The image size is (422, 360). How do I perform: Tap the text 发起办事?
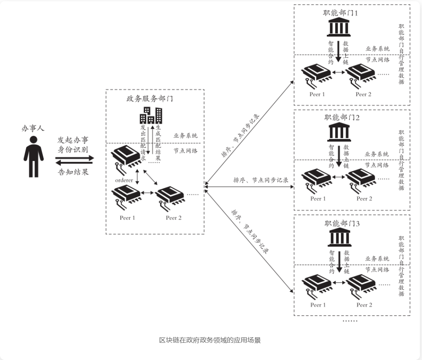[x=73, y=140]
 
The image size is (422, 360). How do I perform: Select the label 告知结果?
[x=73, y=172]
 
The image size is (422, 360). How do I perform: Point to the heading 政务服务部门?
[x=150, y=99]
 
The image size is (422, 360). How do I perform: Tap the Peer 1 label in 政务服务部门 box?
[x=128, y=218]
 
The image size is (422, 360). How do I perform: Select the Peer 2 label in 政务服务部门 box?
[x=174, y=218]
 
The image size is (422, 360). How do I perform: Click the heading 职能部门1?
[x=340, y=13]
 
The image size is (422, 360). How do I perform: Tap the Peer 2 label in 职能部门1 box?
[x=364, y=94]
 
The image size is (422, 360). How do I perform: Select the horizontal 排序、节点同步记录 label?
[x=260, y=180]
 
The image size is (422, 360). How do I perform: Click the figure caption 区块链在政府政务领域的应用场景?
[x=210, y=340]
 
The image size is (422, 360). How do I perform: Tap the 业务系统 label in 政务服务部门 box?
[x=185, y=136]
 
